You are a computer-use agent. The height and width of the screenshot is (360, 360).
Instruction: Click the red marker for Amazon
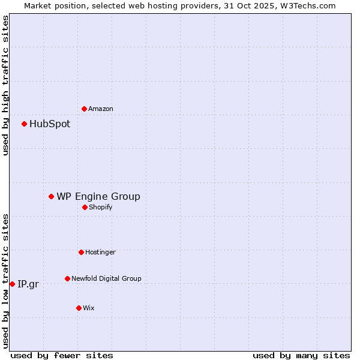point(84,109)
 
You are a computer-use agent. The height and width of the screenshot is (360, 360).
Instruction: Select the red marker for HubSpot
point(24,124)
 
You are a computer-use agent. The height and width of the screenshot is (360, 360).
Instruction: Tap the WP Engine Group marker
point(51,196)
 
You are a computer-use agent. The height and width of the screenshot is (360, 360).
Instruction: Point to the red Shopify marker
point(85,207)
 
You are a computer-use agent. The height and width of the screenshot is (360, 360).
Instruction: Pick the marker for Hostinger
point(81,252)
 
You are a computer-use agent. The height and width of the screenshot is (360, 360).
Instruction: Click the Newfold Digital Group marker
point(67,278)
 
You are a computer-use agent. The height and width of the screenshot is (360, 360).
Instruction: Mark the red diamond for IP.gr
point(12,284)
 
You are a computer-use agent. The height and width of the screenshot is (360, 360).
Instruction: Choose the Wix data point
point(79,308)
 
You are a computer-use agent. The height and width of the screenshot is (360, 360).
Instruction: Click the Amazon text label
point(101,109)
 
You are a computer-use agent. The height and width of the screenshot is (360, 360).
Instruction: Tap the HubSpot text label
point(50,124)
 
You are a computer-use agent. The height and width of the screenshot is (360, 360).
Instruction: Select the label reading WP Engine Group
point(98,196)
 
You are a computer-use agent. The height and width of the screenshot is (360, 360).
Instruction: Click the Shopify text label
point(101,207)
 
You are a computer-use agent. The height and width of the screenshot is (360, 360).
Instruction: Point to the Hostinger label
point(100,252)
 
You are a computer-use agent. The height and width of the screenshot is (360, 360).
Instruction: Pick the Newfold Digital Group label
point(106,278)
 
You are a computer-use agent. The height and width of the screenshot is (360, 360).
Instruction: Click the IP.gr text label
point(28,284)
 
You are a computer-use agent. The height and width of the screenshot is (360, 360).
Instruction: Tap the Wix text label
point(89,308)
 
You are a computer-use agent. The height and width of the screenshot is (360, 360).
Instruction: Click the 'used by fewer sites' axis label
point(62,355)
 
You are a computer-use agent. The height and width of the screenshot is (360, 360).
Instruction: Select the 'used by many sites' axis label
point(301,355)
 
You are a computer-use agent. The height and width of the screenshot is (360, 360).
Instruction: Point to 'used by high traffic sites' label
point(5,85)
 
